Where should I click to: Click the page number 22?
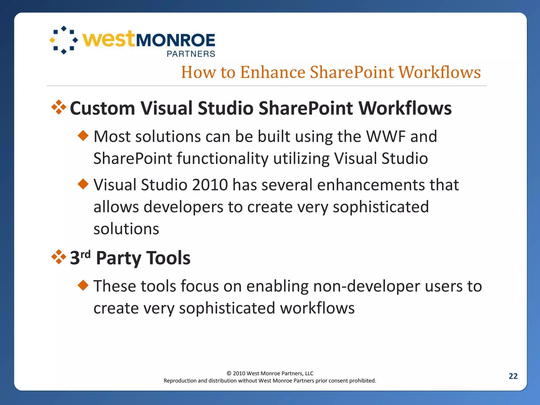pyautogui.click(x=513, y=376)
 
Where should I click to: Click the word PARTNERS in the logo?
pyautogui.click(x=191, y=54)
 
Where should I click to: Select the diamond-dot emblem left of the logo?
pyautogui.click(x=64, y=40)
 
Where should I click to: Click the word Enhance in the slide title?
pyautogui.click(x=273, y=72)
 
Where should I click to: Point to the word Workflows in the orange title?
pyautogui.click(x=440, y=72)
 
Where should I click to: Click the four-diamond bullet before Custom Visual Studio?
pyautogui.click(x=59, y=107)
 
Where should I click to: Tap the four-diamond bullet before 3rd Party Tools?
pyautogui.click(x=59, y=257)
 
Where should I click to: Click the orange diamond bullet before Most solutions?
pyautogui.click(x=83, y=136)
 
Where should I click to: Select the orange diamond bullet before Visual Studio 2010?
pyautogui.click(x=83, y=184)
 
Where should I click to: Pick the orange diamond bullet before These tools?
pyautogui.click(x=83, y=285)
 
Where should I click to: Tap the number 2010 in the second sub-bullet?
pyautogui.click(x=210, y=185)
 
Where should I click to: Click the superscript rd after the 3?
pyautogui.click(x=85, y=254)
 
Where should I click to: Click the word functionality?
pyautogui.click(x=223, y=159)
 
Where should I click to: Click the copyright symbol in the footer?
pyautogui.click(x=229, y=373)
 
